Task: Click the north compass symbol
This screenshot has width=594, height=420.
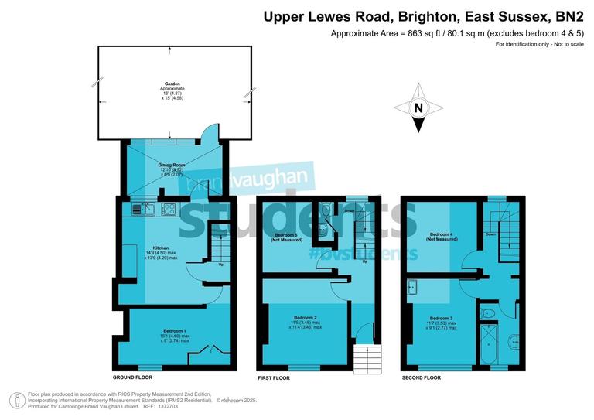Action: [418, 108]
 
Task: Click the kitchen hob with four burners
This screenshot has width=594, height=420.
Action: [169, 207]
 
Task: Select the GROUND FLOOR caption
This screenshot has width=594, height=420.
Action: [132, 377]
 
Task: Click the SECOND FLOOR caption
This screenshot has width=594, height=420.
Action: [421, 377]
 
